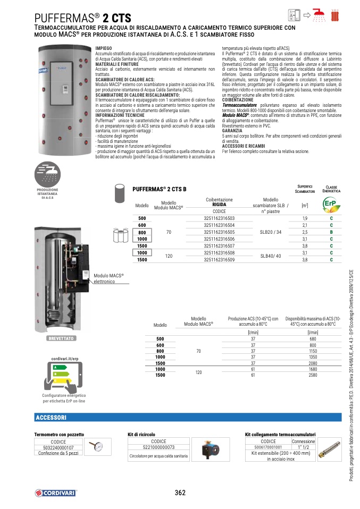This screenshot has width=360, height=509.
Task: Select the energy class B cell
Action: point(331,232)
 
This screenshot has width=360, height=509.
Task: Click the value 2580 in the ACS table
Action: point(313,375)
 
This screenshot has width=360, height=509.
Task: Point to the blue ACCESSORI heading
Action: point(51,417)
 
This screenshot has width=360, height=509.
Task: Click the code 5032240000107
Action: point(58,447)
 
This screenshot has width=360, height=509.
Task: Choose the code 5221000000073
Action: point(158,447)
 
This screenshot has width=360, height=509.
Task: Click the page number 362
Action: point(180,493)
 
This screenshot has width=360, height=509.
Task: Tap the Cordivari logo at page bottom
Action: point(54,493)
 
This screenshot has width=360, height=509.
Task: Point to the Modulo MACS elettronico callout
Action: point(108,278)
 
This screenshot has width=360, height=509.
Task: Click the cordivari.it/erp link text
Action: point(56,359)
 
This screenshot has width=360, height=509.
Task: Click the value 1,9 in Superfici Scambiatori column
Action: point(305,219)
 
